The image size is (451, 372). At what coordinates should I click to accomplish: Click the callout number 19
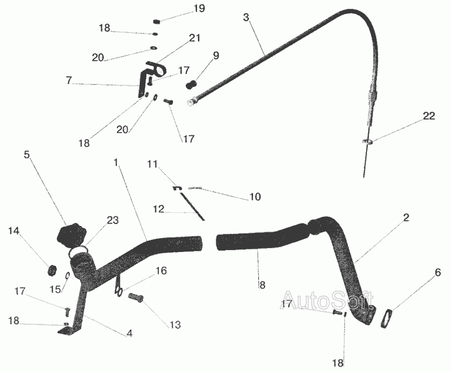pos(199,8)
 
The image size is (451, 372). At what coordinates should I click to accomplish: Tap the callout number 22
pos(429,116)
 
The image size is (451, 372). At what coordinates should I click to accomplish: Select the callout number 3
pos(246,17)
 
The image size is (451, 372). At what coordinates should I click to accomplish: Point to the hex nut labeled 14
pos(52,270)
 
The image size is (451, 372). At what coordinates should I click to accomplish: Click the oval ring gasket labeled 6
pos(387,318)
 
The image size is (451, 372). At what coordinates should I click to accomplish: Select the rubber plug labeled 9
pos(191,84)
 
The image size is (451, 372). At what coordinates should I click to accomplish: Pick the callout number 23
pos(113,220)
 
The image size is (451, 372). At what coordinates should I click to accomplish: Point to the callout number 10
pos(255,197)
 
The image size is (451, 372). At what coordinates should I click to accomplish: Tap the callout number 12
pos(158,209)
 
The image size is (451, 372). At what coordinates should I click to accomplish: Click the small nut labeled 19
pos(156,21)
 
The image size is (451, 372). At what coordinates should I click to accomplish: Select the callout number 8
pos(262,285)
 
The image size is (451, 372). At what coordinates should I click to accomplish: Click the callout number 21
pos(194,38)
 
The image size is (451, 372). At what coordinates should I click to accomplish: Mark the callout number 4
pos(129,334)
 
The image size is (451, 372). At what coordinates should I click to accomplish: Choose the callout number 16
pos(161,271)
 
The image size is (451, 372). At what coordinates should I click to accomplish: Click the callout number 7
pos(69,80)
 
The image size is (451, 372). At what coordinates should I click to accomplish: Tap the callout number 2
pos(406,217)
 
